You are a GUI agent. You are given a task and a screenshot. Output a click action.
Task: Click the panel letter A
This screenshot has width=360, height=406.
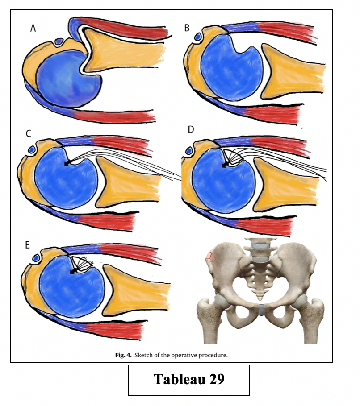click(x=33, y=29)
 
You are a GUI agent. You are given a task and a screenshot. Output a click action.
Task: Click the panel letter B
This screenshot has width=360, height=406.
click(x=187, y=29)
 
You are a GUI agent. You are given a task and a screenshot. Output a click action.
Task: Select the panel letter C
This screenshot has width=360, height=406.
click(x=29, y=133)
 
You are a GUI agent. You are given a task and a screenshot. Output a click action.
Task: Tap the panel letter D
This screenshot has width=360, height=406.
click(x=191, y=130)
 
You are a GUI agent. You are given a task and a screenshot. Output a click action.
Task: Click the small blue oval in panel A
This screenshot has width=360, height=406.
click(x=59, y=41)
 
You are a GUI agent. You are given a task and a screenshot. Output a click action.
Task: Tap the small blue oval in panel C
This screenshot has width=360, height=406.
click(x=31, y=149)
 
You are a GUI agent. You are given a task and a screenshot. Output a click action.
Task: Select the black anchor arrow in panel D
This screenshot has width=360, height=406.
click(x=225, y=165)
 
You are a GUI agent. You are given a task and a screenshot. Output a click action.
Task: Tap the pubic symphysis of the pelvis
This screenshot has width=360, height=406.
click(x=261, y=309)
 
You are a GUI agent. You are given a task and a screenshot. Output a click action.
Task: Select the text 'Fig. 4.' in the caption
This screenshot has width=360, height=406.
click(x=122, y=356)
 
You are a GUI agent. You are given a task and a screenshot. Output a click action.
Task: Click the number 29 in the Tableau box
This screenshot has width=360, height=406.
click(x=214, y=379)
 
